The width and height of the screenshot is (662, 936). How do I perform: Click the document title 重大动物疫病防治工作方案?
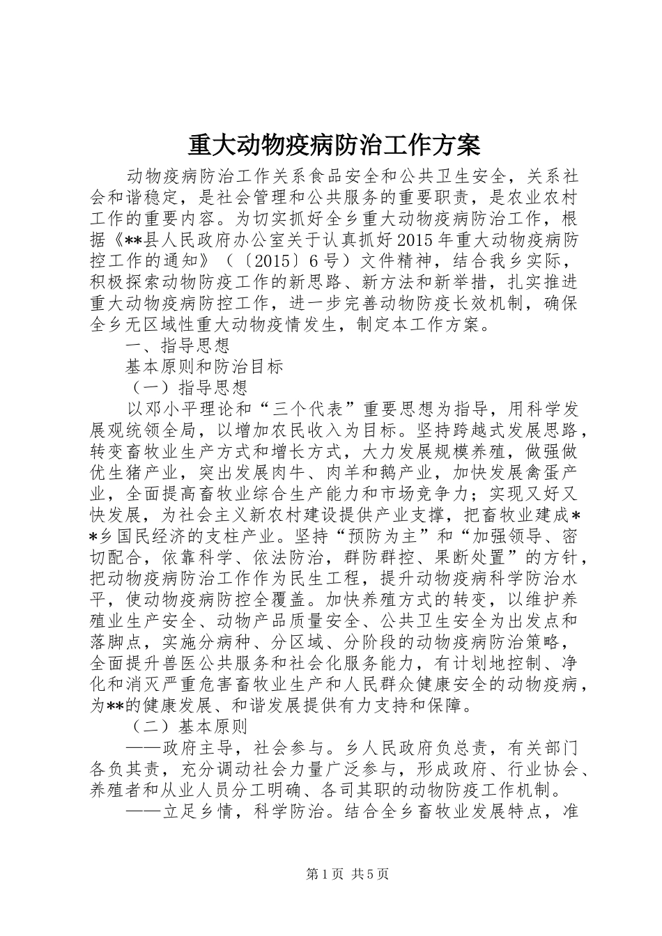(334, 146)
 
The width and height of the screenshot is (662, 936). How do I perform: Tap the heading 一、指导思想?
(177, 345)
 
